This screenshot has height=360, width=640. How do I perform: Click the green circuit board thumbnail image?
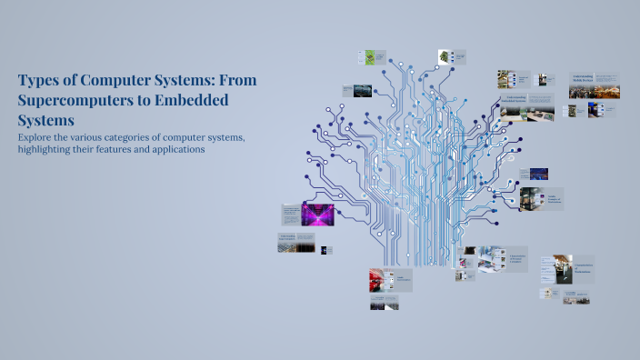tap(369, 57)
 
